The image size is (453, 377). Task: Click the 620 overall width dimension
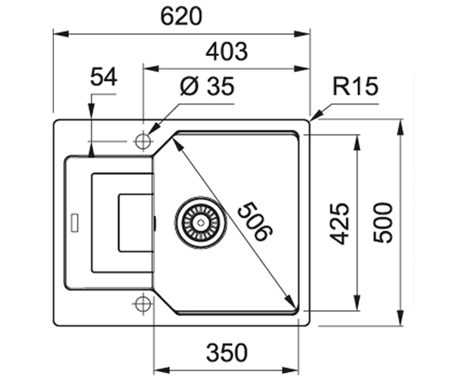(x=181, y=17)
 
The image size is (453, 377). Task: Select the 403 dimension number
(x=227, y=52)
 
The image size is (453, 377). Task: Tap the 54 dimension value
(x=104, y=77)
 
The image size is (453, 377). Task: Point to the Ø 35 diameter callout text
(x=207, y=86)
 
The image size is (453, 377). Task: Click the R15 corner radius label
(x=356, y=86)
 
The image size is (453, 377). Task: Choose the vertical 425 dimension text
(x=339, y=224)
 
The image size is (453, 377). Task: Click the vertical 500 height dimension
(x=383, y=223)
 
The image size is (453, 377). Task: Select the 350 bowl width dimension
(x=227, y=352)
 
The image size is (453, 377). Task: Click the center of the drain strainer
(x=201, y=222)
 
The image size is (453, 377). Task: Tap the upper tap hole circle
(x=143, y=141)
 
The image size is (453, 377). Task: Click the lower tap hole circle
(x=143, y=304)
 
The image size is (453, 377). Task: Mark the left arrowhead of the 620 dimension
(x=61, y=34)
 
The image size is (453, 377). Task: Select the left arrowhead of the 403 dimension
(x=152, y=69)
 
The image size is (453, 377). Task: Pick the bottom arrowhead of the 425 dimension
(x=357, y=303)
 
